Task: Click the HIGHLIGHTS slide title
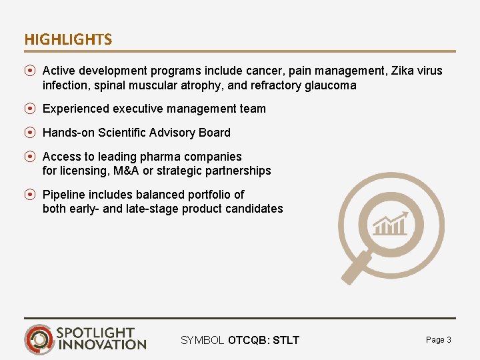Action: click(x=68, y=40)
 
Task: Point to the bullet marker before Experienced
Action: click(x=30, y=109)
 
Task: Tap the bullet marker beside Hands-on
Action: click(x=30, y=133)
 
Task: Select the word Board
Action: click(x=214, y=133)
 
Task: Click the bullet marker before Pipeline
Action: click(x=30, y=195)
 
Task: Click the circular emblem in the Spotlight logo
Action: click(x=39, y=339)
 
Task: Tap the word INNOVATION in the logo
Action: click(x=101, y=345)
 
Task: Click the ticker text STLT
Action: click(x=286, y=341)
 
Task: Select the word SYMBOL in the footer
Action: click(x=203, y=341)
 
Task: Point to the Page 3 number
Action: click(x=438, y=340)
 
